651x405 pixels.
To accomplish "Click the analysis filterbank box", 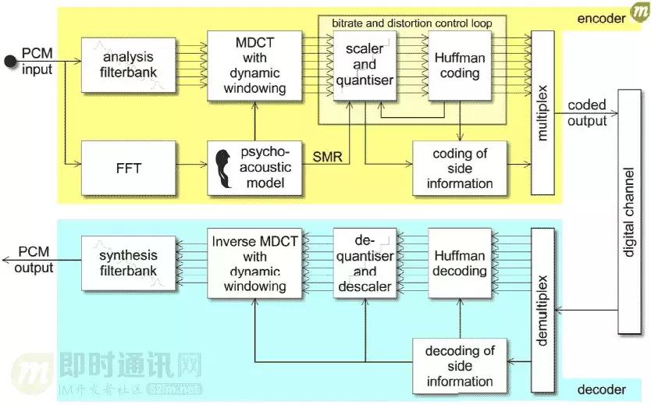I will point(129,64).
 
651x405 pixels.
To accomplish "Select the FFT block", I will point(129,169).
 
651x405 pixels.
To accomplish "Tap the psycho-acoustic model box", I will point(254,169).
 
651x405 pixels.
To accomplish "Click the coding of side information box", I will point(459,169).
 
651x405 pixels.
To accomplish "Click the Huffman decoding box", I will point(459,263).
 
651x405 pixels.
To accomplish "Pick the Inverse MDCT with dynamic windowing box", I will point(254,263).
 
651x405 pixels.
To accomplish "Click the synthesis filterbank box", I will point(129,263).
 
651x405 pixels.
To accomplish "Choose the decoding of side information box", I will point(459,366).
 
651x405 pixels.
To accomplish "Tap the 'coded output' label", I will point(586,112).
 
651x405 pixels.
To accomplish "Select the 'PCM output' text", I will point(34,260).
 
